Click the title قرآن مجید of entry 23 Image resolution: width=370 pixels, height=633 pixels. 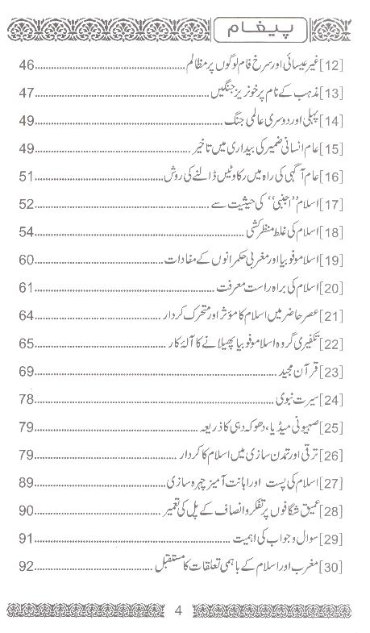click(x=303, y=372)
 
